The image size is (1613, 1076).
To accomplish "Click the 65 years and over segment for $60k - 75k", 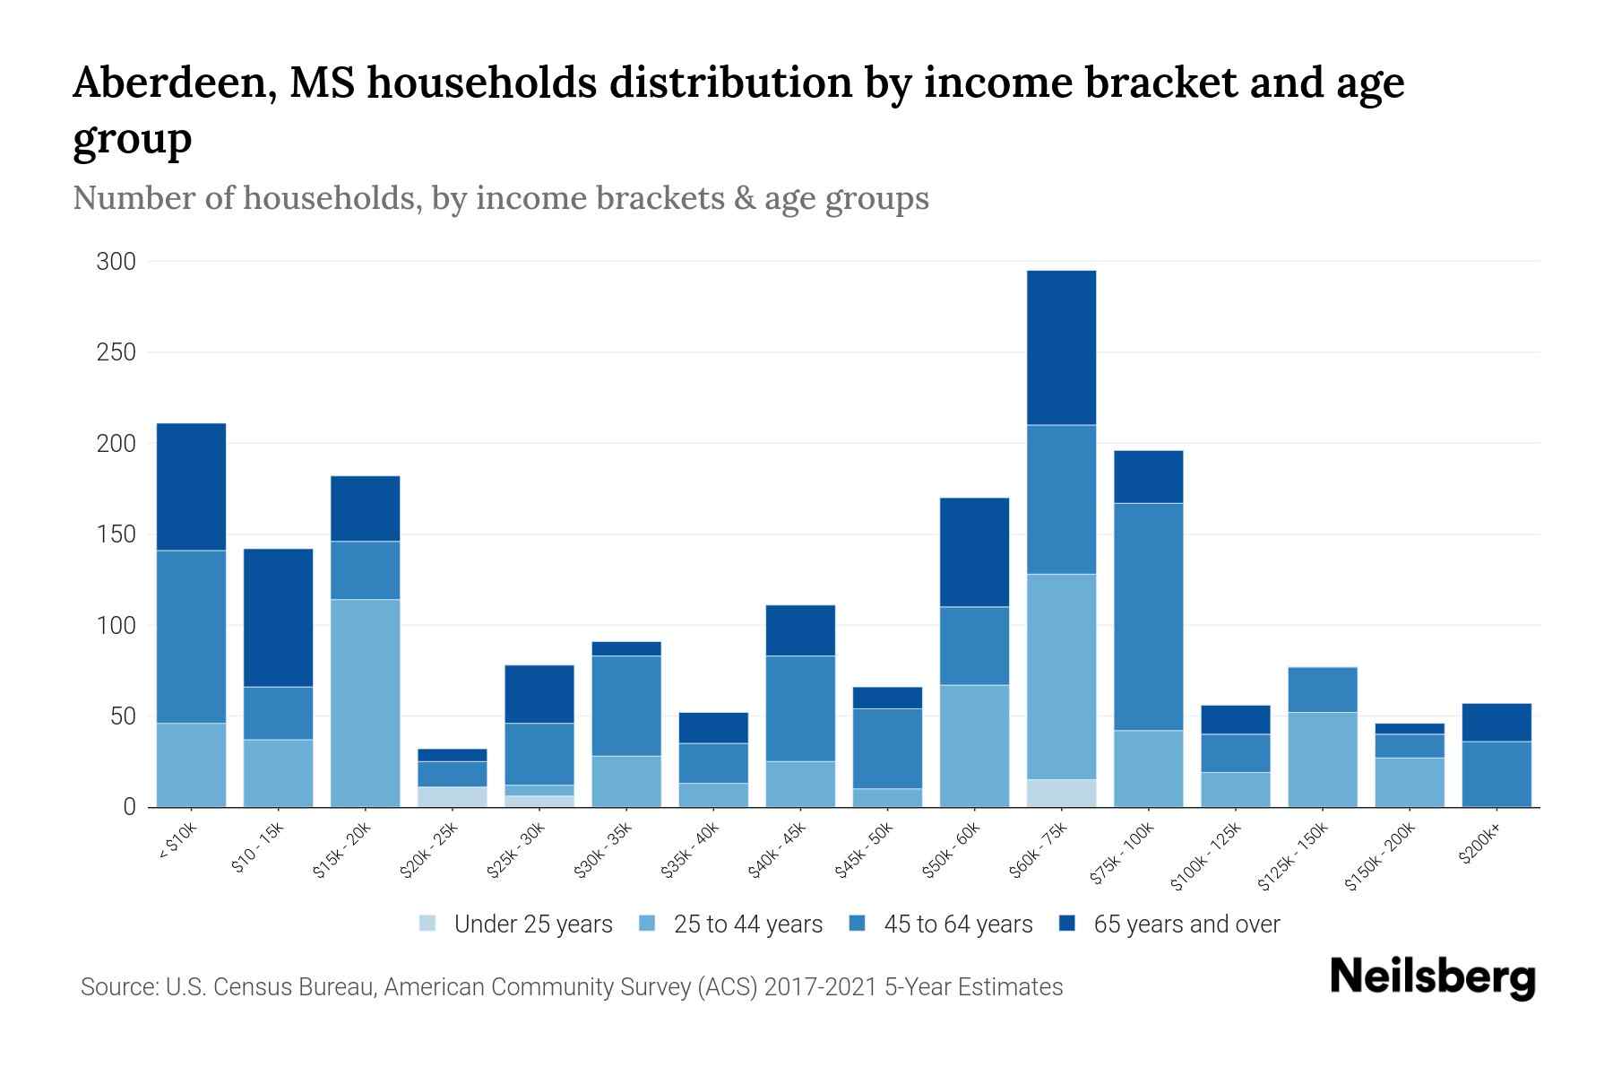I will (x=1061, y=348).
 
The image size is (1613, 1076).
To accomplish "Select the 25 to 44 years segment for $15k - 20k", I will (x=366, y=703).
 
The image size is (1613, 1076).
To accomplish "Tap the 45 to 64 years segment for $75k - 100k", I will (x=1148, y=617).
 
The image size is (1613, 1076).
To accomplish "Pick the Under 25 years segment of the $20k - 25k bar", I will (x=453, y=797).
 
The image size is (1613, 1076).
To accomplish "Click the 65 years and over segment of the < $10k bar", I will (x=191, y=487).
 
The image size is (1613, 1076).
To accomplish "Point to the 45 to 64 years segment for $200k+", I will (x=1497, y=774).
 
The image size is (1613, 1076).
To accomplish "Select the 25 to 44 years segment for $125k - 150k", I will (x=1323, y=759).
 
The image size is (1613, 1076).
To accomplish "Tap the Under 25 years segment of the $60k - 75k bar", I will (x=1061, y=794).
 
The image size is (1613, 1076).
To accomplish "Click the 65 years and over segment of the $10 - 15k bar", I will (x=279, y=618).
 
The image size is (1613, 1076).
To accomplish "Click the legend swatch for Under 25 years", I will (x=428, y=924).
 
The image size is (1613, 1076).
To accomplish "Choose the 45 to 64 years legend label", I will (x=958, y=924).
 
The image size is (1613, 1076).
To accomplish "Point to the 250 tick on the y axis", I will (x=116, y=352).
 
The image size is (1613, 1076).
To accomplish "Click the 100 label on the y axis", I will (x=116, y=625).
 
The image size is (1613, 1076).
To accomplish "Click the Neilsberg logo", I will (x=1432, y=977).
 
